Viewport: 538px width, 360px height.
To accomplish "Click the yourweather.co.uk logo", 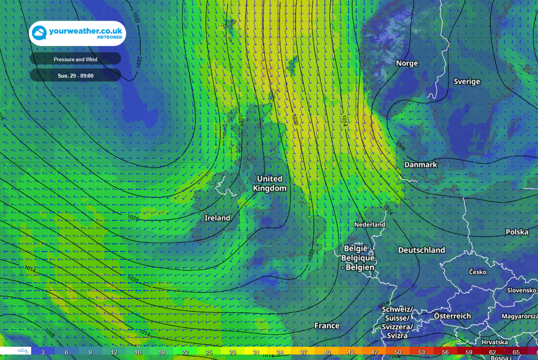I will pos(77,33).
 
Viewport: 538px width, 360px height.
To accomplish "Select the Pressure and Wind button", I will pos(76,59).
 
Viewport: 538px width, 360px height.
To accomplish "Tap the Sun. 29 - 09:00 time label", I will pos(76,76).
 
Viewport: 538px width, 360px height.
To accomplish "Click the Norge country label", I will pos(407,63).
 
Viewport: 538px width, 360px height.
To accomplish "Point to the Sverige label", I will pos(467,81).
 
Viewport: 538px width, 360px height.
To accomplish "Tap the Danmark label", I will pos(421,164).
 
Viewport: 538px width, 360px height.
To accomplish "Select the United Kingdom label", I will pos(270,183).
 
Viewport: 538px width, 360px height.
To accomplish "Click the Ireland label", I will pos(217,218).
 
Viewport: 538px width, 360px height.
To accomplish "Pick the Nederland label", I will pos(369,225).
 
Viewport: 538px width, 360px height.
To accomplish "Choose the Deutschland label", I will pos(422,250).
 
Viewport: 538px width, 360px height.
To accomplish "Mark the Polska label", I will pos(517,232).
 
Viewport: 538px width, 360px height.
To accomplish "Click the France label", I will pos(327,326).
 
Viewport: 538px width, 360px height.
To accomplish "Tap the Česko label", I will pos(477,272).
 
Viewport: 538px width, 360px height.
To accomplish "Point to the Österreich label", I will pos(452,316).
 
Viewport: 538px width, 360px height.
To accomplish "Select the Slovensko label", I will pos(522,290).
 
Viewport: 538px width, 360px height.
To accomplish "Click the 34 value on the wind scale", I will pos(280,352).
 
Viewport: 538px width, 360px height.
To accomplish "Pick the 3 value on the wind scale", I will pos(43,352).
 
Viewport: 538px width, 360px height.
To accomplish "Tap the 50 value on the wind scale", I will pos(398,352).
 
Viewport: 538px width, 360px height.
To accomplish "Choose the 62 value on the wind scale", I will pos(493,352).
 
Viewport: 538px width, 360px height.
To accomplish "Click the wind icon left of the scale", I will pos(24,350).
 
